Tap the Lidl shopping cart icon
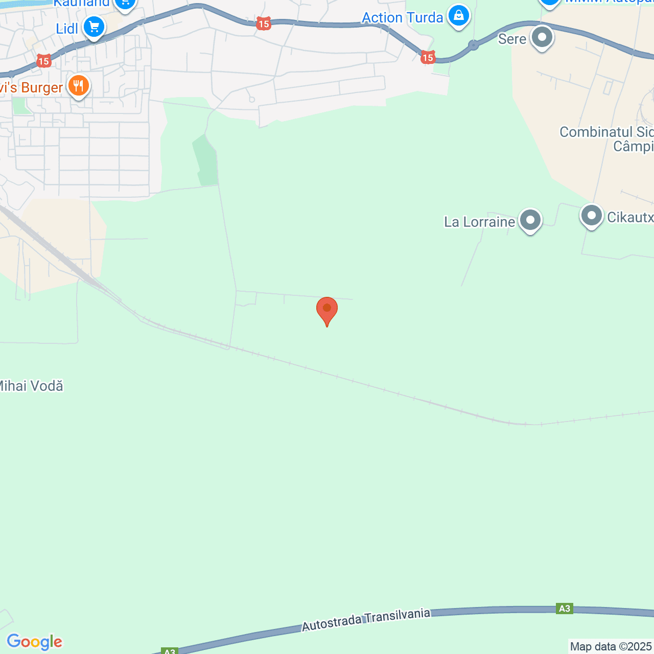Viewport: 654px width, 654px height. [94, 27]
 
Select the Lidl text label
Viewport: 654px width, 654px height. [67, 29]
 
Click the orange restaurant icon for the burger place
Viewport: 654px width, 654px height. [78, 86]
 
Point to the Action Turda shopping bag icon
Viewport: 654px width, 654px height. [459, 16]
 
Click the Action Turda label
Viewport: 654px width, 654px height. [402, 18]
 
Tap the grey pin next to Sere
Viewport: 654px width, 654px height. [542, 37]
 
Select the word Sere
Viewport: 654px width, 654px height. [512, 39]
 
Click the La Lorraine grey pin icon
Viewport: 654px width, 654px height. [530, 220]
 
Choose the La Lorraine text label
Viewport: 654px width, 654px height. [479, 222]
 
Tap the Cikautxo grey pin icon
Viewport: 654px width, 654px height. [591, 216]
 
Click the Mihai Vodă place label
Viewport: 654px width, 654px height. [31, 386]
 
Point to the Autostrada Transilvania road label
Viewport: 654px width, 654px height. [366, 619]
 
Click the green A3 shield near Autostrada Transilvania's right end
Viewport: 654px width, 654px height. [564, 609]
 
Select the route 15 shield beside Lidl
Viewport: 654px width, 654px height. [44, 61]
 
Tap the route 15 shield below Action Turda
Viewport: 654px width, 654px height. [428, 57]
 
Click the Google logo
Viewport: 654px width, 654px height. [35, 642]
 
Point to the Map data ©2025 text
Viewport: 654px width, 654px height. [611, 646]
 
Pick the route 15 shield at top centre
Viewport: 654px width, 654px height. [263, 24]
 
